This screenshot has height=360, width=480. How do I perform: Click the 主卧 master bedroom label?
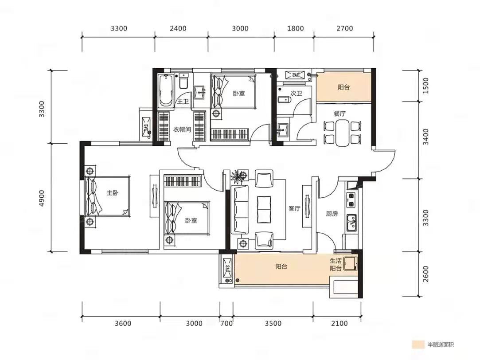(x=112, y=193)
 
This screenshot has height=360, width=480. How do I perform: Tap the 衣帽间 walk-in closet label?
(x=182, y=129)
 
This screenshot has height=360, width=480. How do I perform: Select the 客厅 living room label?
(x=294, y=208)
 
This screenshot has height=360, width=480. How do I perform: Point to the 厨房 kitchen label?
(x=332, y=214)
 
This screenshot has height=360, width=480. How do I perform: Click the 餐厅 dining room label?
(x=340, y=113)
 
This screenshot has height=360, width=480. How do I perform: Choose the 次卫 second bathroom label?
(x=297, y=93)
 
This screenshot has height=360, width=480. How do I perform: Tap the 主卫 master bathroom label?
(x=183, y=101)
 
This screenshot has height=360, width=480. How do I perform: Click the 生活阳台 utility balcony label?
(x=336, y=265)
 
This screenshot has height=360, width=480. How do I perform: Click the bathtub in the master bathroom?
(x=165, y=90)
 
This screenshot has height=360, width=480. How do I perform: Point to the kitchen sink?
(x=352, y=223)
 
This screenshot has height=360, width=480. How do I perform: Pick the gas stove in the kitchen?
(x=351, y=200)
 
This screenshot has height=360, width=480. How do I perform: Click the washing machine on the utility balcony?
(x=350, y=263)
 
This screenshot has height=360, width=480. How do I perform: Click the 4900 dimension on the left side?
(x=42, y=198)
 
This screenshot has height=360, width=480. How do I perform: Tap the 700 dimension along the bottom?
(x=226, y=324)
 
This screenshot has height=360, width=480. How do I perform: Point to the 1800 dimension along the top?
(x=296, y=28)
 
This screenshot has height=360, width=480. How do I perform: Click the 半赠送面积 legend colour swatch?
(x=418, y=344)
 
